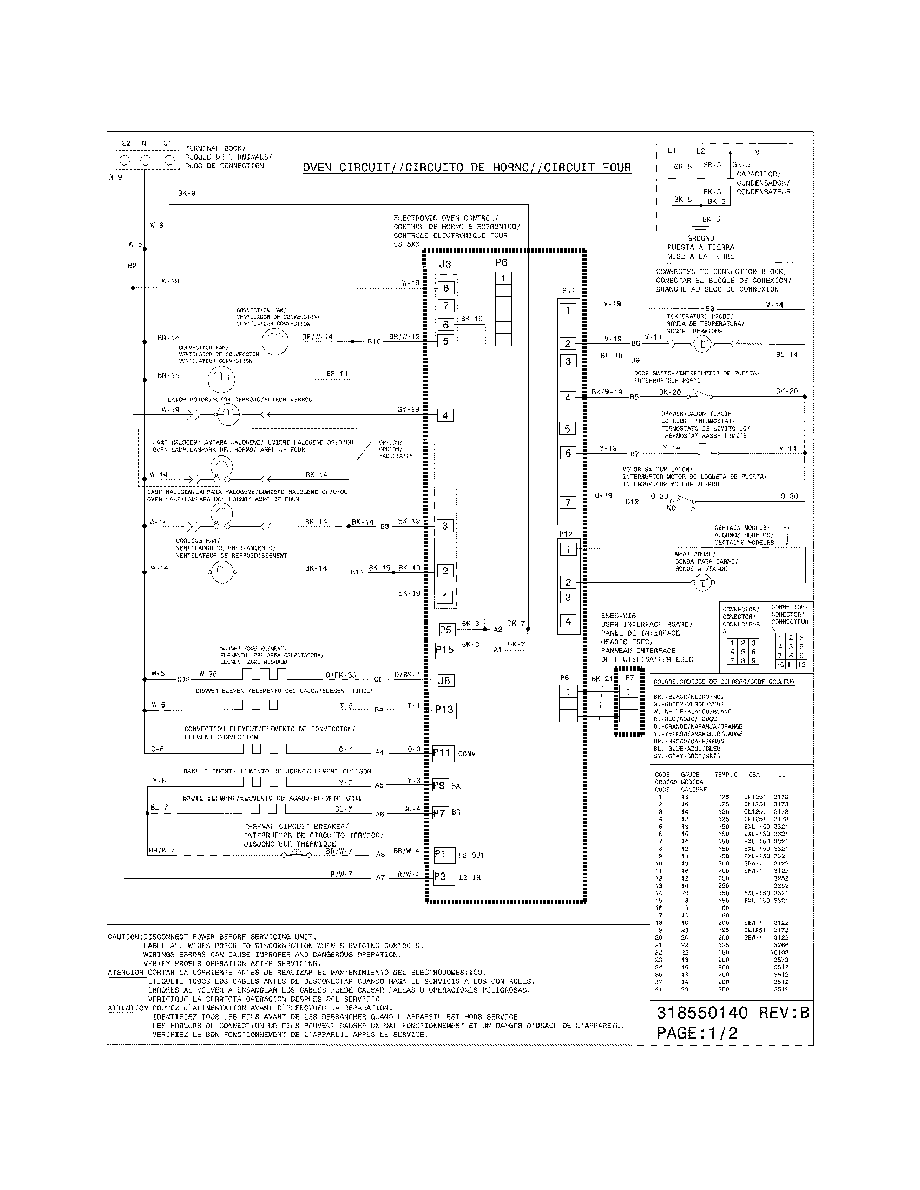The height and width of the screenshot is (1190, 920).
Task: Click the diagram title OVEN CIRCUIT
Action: (x=467, y=168)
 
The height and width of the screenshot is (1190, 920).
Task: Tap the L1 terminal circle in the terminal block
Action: (x=169, y=160)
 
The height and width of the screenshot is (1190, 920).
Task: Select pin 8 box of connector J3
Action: (x=445, y=288)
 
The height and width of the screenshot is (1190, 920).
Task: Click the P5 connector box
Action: (x=446, y=630)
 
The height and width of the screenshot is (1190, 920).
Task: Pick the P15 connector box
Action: (x=445, y=650)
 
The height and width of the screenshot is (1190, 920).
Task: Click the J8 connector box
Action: (x=445, y=680)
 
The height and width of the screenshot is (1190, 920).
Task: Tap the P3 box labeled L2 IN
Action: (x=444, y=877)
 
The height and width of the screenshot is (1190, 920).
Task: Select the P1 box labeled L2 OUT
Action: (x=444, y=855)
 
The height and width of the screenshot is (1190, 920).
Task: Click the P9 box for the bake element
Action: (x=440, y=786)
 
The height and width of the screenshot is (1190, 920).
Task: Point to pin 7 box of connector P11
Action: (x=568, y=503)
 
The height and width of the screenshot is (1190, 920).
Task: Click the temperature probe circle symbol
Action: (x=702, y=345)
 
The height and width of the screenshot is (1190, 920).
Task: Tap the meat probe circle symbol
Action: (x=702, y=583)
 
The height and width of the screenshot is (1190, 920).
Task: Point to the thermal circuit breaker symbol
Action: (x=297, y=854)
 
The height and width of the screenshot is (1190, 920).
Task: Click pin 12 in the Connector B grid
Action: (x=801, y=664)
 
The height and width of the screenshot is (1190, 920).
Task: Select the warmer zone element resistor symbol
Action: (x=264, y=675)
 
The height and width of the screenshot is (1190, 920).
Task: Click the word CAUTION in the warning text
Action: (x=124, y=937)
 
